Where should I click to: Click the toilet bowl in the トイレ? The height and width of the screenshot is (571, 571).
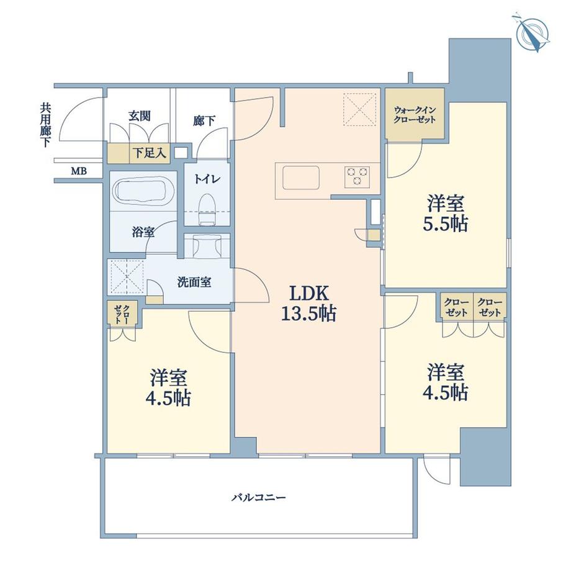pos(207,210)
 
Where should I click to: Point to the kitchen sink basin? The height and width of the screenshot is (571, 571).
pos(301,178)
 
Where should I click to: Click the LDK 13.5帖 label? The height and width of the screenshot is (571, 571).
pos(309,303)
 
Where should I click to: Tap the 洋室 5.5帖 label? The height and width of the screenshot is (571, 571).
pos(446,214)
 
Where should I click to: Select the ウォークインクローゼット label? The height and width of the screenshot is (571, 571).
pos(415,115)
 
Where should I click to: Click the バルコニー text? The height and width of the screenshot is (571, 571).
pos(259,497)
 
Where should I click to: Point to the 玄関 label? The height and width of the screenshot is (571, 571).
pos(140,116)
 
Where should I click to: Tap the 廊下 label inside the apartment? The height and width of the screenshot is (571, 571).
pos(204,120)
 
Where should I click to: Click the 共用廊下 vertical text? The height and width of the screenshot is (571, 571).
pos(45,125)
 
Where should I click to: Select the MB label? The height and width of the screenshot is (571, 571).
pos(79,171)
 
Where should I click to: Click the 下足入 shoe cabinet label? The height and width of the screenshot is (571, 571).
pos(150,153)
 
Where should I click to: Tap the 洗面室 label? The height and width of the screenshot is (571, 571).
pos(194,282)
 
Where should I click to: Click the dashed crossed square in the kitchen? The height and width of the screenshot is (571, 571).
pos(360,110)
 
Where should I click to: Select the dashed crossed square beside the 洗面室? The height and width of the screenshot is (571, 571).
pos(127,276)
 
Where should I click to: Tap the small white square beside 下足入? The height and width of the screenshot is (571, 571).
pos(180,153)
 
